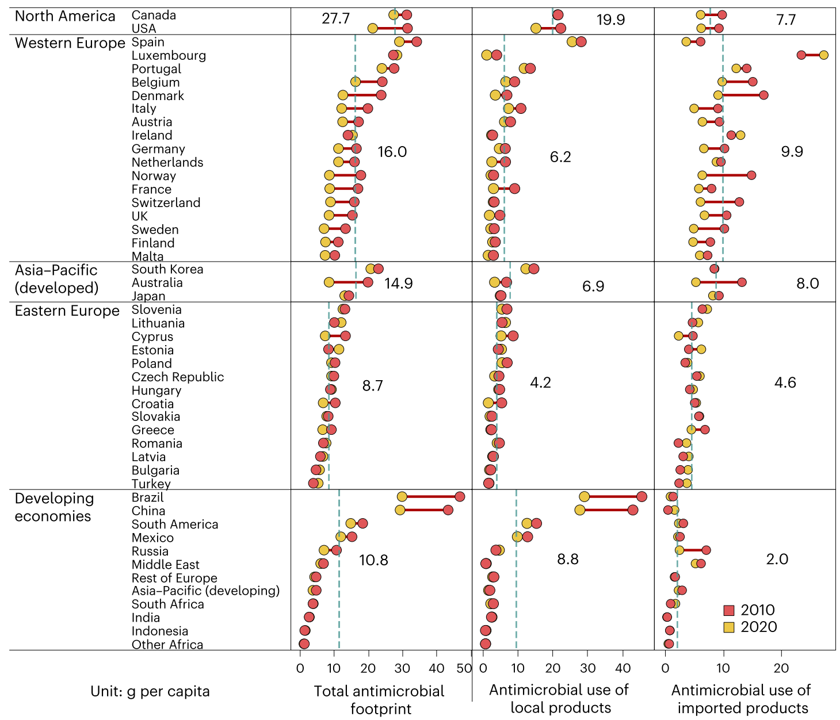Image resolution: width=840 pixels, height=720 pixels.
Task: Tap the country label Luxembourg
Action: pyautogui.click(x=169, y=56)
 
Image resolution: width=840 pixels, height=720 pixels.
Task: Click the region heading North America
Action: pyautogui.click(x=65, y=16)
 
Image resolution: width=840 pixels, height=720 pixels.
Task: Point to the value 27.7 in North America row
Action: pyautogui.click(x=335, y=19)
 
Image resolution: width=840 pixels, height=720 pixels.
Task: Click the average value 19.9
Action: pyautogui.click(x=610, y=20)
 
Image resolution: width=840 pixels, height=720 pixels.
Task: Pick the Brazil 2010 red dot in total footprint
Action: pyautogui.click(x=459, y=497)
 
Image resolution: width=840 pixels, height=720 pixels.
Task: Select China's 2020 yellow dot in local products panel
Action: pyautogui.click(x=580, y=510)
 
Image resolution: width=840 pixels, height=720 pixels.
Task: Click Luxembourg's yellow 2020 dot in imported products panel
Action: pyautogui.click(x=823, y=55)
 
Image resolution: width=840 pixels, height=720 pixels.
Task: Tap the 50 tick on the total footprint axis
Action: pyautogui.click(x=464, y=668)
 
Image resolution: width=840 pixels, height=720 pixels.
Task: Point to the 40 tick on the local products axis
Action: pyautogui.click(x=623, y=668)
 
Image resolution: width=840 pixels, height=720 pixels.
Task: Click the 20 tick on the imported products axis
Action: pyautogui.click(x=781, y=668)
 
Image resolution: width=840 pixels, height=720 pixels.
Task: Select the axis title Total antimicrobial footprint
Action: pyautogui.click(x=380, y=699)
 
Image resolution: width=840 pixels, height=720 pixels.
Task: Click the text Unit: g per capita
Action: pyautogui.click(x=150, y=691)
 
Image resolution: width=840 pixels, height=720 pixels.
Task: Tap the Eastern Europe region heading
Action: pyautogui.click(x=67, y=311)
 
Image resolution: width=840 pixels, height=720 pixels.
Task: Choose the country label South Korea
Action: pyautogui.click(x=167, y=269)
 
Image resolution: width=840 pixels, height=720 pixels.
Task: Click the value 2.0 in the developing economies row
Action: pyautogui.click(x=777, y=559)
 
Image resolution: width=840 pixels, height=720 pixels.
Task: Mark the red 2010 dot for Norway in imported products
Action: pyautogui.click(x=751, y=175)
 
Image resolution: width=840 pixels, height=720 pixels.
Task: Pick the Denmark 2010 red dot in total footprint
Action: pyautogui.click(x=381, y=95)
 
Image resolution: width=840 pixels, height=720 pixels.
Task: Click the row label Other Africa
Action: pyautogui.click(x=167, y=645)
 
